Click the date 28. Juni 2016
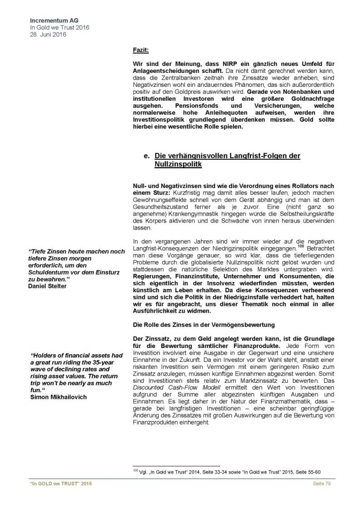coord(48,34)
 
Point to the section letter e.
coord(146,156)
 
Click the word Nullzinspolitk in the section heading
coord(178,165)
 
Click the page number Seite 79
coord(323,485)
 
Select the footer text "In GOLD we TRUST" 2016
coord(58,485)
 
